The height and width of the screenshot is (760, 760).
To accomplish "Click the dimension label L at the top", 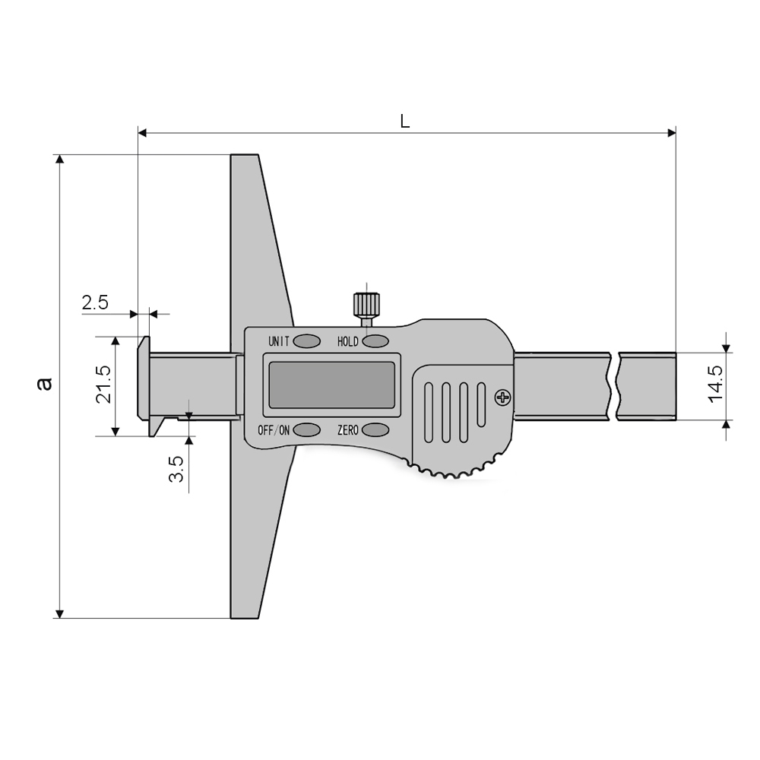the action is pos(405,121).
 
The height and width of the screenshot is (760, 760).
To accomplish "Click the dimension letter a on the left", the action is pos(45,383).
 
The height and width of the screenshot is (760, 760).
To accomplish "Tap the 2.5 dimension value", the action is pos(95,302).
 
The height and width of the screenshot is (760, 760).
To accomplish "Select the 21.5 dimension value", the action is pos(103,385).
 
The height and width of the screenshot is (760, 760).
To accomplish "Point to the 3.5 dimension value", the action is pos(176,469).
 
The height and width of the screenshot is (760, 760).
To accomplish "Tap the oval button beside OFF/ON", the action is pos(307,429).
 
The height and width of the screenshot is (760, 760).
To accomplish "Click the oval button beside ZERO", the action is pos(375,429).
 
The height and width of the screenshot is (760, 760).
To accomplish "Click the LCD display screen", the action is pos(331,385).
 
